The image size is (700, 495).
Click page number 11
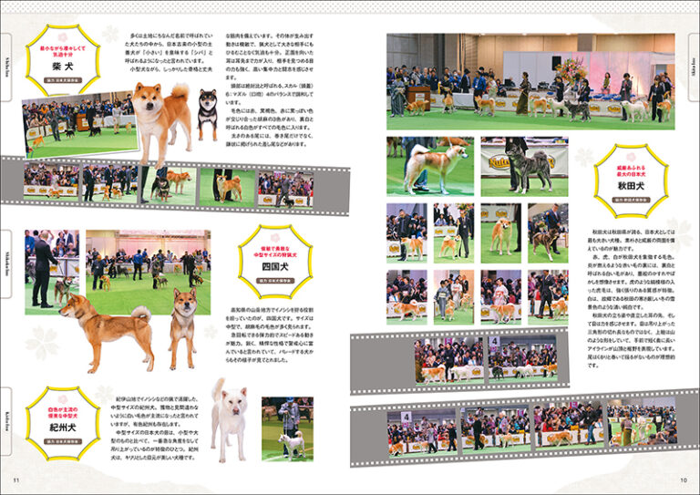click(15, 480)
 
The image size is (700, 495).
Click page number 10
click(683, 480)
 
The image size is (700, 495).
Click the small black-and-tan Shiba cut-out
click(208, 111)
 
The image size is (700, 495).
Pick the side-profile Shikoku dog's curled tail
click(139, 315)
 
